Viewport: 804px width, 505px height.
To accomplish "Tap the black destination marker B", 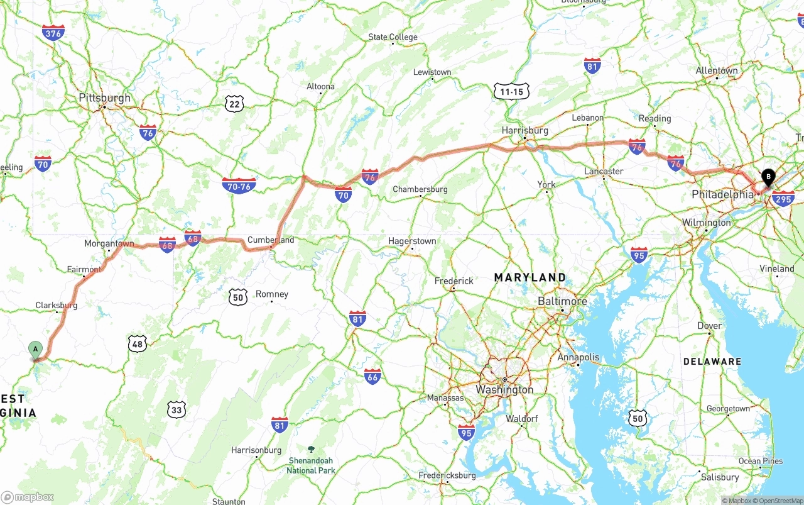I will pyautogui.click(x=768, y=177).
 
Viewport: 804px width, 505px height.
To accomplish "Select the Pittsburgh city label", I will pyautogui.click(x=105, y=98).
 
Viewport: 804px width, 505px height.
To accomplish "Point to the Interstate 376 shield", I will pyautogui.click(x=53, y=33).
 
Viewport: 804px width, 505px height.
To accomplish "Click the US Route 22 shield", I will pyautogui.click(x=235, y=104).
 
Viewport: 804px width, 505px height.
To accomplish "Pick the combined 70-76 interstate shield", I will pyautogui.click(x=239, y=186).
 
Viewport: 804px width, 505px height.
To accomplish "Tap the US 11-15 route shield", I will pyautogui.click(x=511, y=92).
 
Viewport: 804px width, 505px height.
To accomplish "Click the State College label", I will pyautogui.click(x=393, y=37).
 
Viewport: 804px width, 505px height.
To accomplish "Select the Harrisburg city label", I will pyautogui.click(x=525, y=131).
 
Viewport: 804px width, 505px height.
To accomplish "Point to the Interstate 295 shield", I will pyautogui.click(x=783, y=199).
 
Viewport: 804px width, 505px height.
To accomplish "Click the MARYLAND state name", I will pyautogui.click(x=530, y=277).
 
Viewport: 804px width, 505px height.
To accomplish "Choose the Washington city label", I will pyautogui.click(x=504, y=390).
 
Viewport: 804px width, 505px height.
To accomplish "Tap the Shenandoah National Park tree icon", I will pyautogui.click(x=311, y=450).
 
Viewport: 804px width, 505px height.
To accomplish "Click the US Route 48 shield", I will pyautogui.click(x=138, y=343).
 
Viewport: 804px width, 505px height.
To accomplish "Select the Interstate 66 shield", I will pyautogui.click(x=372, y=377).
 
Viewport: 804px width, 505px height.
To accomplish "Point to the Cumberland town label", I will pyautogui.click(x=271, y=240).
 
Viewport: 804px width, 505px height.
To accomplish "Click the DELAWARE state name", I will pyautogui.click(x=712, y=362).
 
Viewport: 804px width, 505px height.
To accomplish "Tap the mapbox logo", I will pyautogui.click(x=28, y=497).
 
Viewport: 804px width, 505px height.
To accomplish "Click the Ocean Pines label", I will pyautogui.click(x=761, y=461).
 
